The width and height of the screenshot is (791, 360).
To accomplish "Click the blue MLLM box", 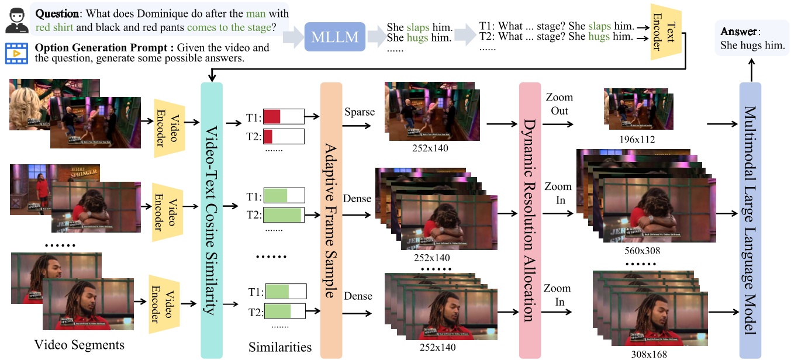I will point(335,37).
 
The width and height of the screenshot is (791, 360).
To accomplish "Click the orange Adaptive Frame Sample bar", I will point(331,220).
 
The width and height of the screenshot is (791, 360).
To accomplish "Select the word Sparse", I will point(360,112).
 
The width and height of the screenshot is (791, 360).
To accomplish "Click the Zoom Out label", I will point(559,104).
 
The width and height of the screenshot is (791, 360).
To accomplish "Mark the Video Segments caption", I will point(80,345).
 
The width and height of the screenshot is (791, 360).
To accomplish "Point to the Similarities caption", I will point(280,348).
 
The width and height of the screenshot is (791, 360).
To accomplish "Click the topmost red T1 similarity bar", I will point(272,116).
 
